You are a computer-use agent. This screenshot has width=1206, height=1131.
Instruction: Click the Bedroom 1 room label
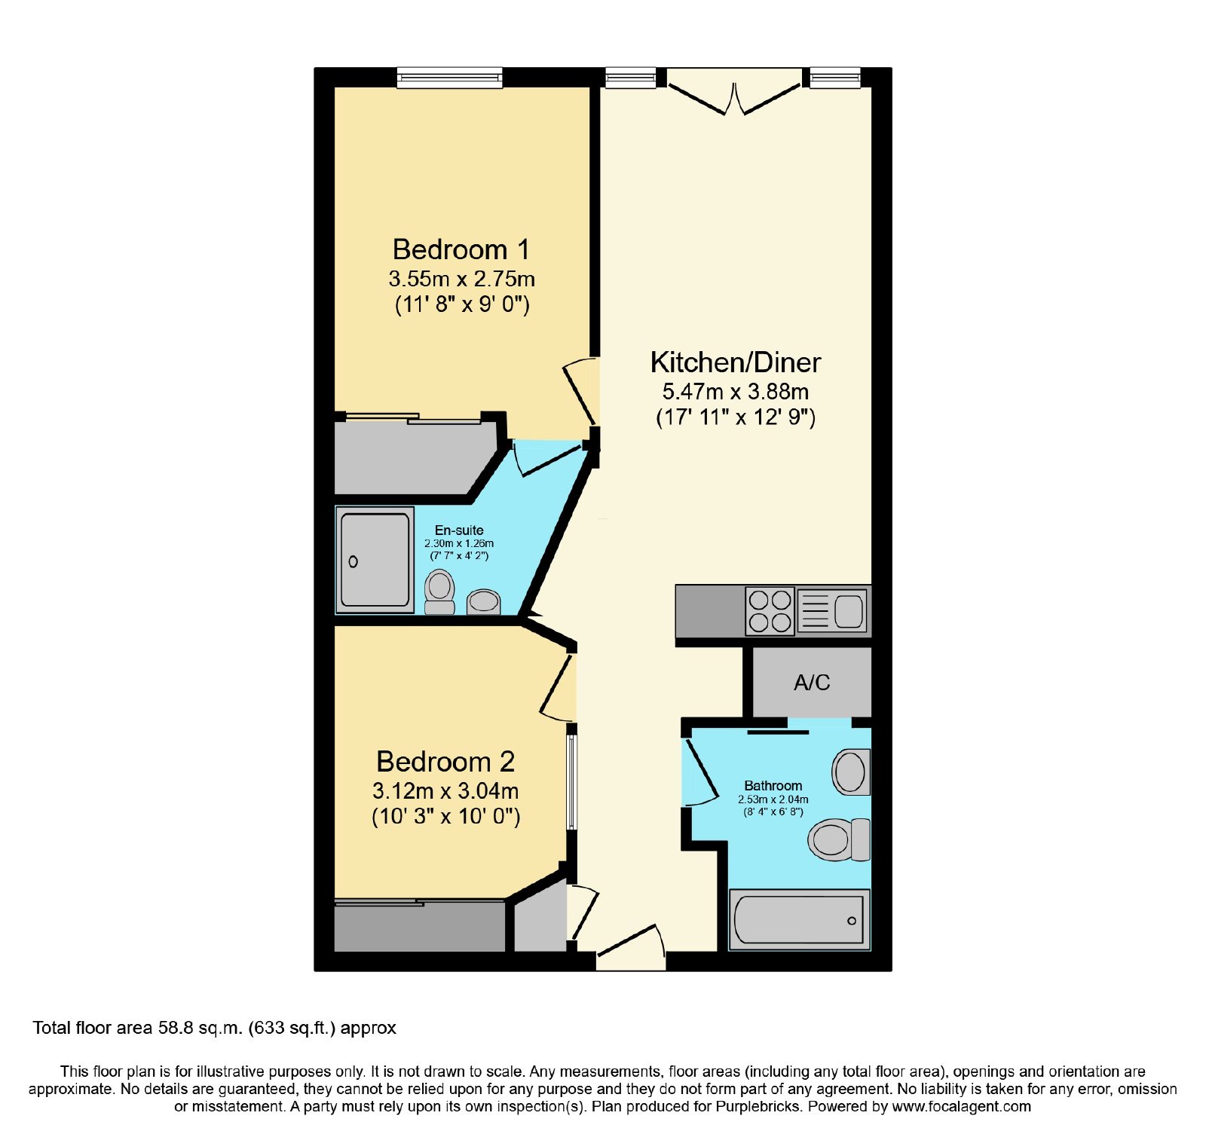(x=461, y=249)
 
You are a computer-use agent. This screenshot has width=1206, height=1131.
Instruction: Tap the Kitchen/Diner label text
(x=735, y=362)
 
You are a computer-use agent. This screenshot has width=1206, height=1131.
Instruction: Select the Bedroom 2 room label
(x=445, y=762)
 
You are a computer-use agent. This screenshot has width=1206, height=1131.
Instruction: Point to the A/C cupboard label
(x=812, y=683)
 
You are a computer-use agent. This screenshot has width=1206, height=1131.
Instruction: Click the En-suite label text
(x=459, y=530)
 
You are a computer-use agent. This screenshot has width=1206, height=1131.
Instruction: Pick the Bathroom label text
(x=773, y=786)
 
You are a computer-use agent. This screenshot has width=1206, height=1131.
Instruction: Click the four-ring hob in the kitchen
(x=770, y=611)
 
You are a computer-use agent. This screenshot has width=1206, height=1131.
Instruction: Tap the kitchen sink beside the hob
(x=832, y=611)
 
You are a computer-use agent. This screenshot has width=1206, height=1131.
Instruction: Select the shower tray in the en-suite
(x=374, y=560)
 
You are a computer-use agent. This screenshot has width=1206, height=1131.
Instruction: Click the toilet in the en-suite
(x=439, y=592)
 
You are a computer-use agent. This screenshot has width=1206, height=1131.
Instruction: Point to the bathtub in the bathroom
(x=799, y=919)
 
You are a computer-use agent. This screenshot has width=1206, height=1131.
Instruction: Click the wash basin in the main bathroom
(x=851, y=772)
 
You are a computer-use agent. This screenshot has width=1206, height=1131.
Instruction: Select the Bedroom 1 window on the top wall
(x=450, y=77)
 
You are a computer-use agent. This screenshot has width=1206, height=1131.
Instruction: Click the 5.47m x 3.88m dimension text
(x=736, y=392)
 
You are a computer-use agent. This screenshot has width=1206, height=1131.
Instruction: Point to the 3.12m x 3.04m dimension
(x=445, y=791)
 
